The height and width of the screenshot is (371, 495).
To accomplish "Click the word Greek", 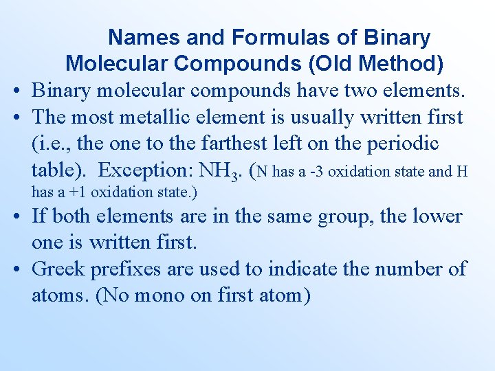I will pyautogui.click(x=57, y=269).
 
